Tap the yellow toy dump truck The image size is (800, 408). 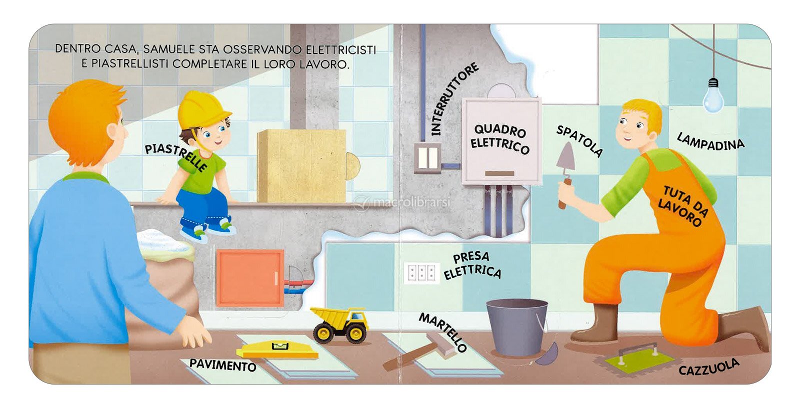click(339, 325)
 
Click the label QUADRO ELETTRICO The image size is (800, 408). click(499, 139)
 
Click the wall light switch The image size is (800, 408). click(428, 158)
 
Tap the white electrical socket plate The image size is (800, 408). click(421, 273)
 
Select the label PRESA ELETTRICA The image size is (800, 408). click(472, 266)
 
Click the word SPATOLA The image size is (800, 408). click(579, 141)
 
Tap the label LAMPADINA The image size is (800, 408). click(710, 142)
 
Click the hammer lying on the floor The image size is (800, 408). click(419, 351)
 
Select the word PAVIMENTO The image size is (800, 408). click(223, 365)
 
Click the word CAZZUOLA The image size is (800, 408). click(708, 368)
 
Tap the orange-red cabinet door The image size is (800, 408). click(250, 278)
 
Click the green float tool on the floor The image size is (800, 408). click(638, 358)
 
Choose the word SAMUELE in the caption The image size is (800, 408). click(169, 49)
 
